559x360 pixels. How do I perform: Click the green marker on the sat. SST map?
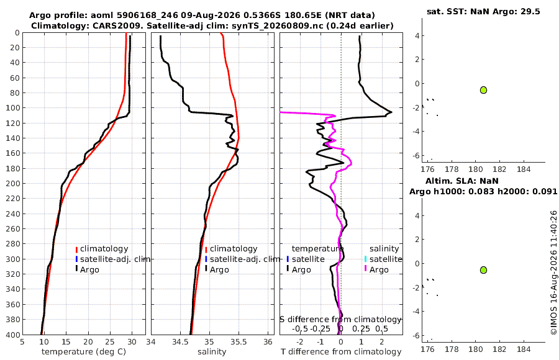[483, 90]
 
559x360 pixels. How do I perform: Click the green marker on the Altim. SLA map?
[483, 270]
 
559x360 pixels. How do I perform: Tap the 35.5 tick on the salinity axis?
[239, 342]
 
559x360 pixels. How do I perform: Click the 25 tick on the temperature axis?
[110, 342]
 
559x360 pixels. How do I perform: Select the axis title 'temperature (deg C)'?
[84, 352]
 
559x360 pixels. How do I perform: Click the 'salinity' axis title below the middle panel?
[212, 352]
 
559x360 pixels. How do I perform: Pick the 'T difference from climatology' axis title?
[341, 352]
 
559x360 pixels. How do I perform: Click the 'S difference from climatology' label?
[341, 320]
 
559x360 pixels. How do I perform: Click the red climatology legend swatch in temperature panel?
[76, 249]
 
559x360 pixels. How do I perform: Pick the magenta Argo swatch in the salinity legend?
[366, 269]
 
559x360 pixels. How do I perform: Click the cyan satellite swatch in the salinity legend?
[366, 259]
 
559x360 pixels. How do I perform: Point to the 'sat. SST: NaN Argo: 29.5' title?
[483, 11]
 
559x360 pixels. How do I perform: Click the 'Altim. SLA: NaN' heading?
[462, 181]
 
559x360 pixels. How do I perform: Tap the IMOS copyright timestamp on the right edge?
[553, 272]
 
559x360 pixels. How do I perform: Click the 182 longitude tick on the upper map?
[499, 169]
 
